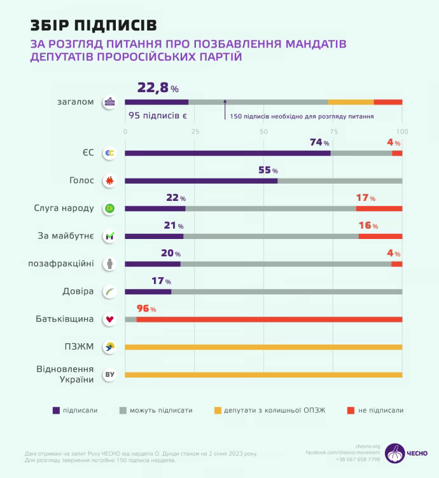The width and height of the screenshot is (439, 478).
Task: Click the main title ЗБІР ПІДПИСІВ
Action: click(x=93, y=25)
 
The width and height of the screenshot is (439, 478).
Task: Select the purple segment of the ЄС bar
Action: click(x=228, y=153)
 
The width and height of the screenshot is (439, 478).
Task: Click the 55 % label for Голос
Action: click(x=268, y=170)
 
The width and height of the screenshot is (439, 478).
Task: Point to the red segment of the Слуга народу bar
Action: click(x=379, y=208)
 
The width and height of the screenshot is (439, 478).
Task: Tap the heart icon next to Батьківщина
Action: click(x=110, y=319)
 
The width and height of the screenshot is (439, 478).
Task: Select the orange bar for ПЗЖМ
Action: click(x=263, y=347)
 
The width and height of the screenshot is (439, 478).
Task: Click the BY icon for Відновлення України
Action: click(x=110, y=375)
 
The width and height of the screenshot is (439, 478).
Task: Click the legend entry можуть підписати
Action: click(x=161, y=411)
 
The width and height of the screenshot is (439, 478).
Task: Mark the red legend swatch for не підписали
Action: click(x=351, y=411)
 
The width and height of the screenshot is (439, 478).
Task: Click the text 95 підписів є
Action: click(x=157, y=116)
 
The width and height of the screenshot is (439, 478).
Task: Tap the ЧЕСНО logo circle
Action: click(x=395, y=453)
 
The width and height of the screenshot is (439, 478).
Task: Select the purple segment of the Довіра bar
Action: click(x=148, y=292)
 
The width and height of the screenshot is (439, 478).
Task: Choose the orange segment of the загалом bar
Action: click(x=351, y=102)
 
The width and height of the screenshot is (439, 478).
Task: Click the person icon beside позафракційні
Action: click(x=110, y=264)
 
